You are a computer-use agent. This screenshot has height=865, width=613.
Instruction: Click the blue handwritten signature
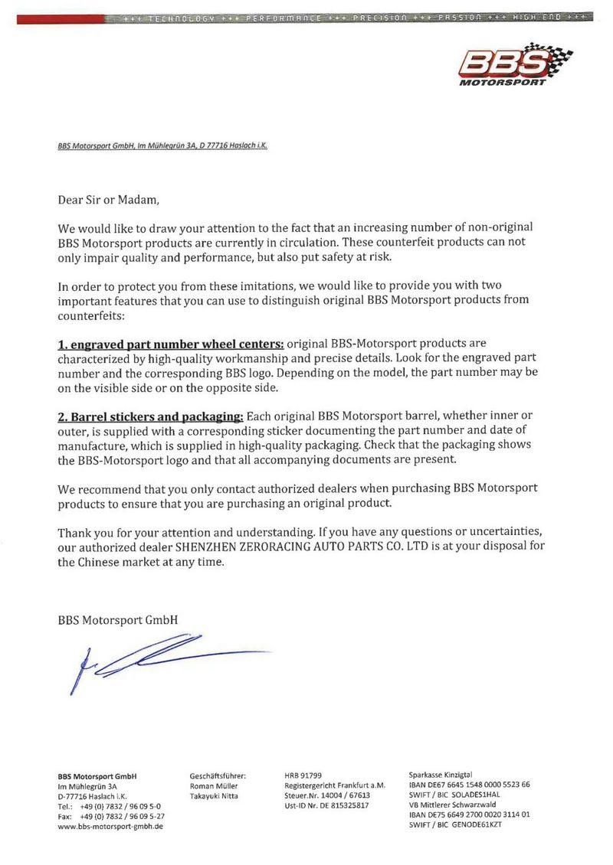pos(153,658)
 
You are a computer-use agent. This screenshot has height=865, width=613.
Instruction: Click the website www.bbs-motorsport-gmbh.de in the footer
pos(110,826)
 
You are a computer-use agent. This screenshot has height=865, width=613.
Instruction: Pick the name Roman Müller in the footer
pos(213,785)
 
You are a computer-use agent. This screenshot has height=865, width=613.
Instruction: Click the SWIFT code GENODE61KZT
pos(477,824)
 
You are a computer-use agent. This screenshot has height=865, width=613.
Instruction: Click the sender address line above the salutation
pos(162,145)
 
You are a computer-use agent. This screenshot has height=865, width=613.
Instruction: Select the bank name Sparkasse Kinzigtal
pos(441,775)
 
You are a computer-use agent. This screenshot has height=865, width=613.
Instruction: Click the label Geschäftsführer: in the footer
pos(217,775)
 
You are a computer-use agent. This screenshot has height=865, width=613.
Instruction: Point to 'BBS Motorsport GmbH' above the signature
pos(118,620)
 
